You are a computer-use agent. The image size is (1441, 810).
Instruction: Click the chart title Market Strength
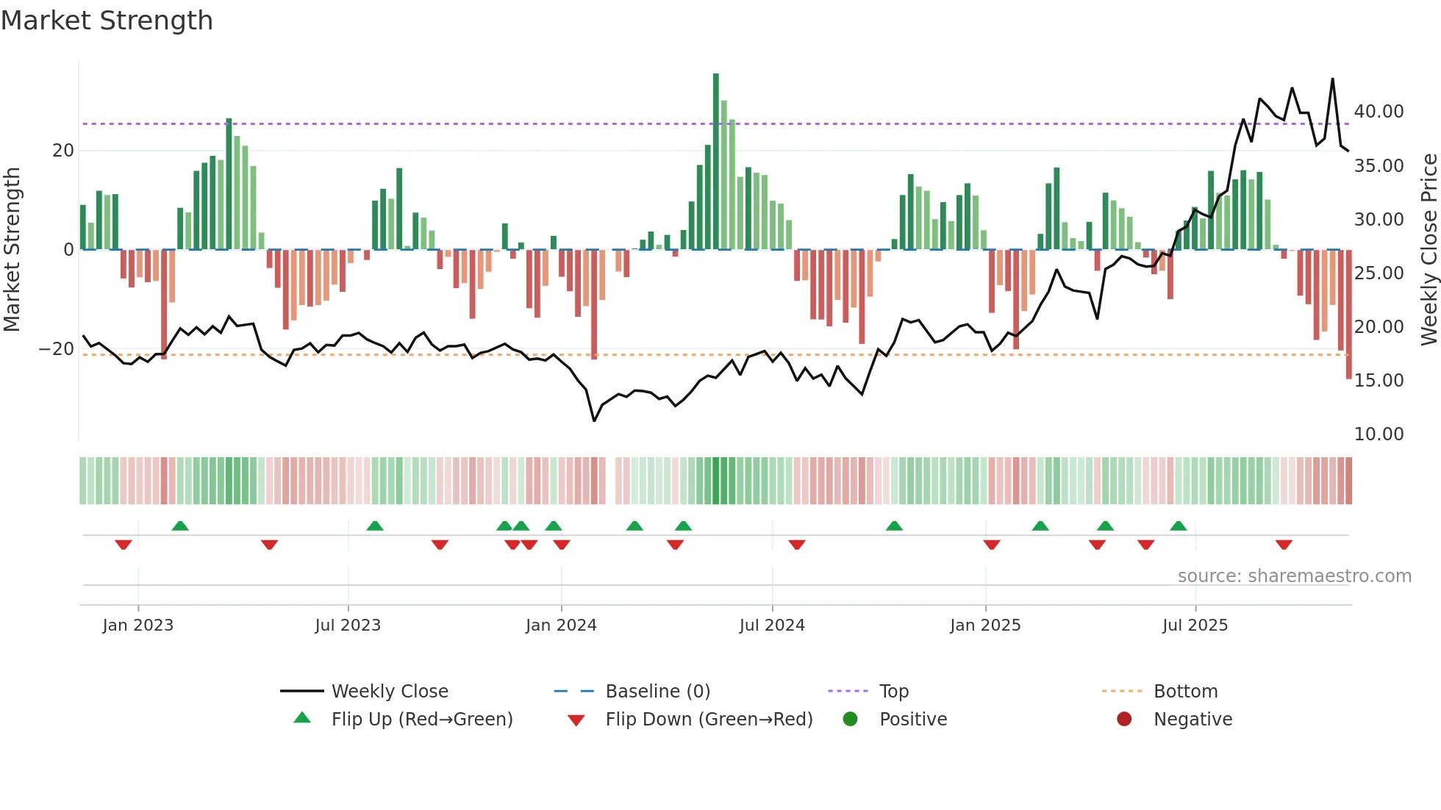(x=107, y=21)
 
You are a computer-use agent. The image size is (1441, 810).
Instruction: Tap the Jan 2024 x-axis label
(x=561, y=626)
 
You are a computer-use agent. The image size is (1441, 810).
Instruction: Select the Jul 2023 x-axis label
(x=348, y=626)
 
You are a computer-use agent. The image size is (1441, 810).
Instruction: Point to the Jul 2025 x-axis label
(x=1195, y=626)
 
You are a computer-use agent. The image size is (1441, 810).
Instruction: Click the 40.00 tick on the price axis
(x=1379, y=112)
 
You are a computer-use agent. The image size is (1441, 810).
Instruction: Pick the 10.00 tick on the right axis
(x=1379, y=434)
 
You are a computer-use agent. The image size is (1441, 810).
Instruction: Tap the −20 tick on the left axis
(x=57, y=349)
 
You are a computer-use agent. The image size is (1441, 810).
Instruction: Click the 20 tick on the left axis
(x=63, y=151)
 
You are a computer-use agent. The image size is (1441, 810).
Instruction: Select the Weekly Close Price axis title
(x=1429, y=250)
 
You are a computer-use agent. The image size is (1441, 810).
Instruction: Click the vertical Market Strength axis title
(x=12, y=250)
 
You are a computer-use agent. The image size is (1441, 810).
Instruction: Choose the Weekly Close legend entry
(x=389, y=692)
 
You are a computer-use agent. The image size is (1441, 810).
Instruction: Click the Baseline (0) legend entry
(x=657, y=692)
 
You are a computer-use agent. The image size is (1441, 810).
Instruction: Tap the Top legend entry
(x=893, y=692)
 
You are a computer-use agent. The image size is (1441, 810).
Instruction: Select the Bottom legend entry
(x=1185, y=692)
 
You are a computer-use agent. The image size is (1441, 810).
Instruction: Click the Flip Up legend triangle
(x=302, y=718)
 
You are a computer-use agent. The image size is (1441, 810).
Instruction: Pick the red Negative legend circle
(x=1124, y=720)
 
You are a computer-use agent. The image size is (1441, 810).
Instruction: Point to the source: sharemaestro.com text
(x=1294, y=576)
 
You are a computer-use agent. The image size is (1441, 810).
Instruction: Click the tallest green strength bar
(x=716, y=162)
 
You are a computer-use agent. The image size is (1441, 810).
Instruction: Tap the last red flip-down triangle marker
(x=1284, y=545)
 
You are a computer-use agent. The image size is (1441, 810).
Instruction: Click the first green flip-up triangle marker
(x=180, y=526)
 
